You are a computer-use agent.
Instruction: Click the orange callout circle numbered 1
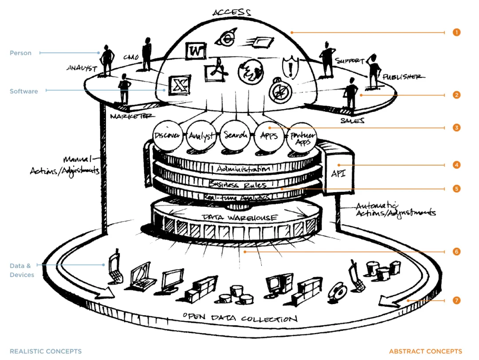click(x=456, y=32)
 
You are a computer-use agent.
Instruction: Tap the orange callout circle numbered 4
click(x=456, y=165)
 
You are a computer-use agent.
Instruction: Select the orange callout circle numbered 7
click(x=456, y=301)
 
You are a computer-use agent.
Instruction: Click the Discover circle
click(x=167, y=135)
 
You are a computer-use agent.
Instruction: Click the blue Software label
click(x=24, y=91)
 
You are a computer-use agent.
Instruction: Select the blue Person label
click(x=21, y=53)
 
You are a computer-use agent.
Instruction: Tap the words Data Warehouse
click(x=239, y=218)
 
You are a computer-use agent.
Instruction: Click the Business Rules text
click(x=238, y=184)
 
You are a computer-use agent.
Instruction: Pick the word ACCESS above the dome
click(x=231, y=12)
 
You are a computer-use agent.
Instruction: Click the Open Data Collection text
click(x=240, y=318)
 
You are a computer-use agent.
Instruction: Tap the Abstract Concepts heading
click(x=425, y=351)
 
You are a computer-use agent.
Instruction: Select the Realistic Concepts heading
click(x=46, y=351)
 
